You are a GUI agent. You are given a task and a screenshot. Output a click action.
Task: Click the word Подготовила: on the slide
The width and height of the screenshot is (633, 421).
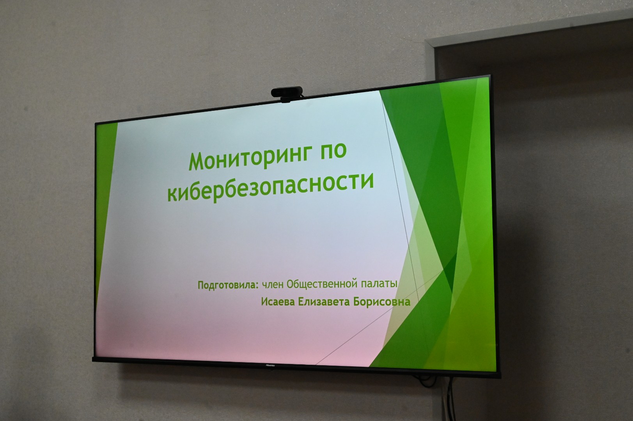[228, 285]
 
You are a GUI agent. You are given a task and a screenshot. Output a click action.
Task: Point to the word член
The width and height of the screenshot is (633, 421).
[272, 284]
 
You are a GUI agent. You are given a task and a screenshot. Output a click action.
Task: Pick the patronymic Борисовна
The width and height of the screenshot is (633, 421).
[382, 302]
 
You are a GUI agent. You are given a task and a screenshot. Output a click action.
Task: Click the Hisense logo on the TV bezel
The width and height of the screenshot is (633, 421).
[270, 365]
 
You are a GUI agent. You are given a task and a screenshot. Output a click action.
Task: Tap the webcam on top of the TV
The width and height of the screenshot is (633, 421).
[287, 94]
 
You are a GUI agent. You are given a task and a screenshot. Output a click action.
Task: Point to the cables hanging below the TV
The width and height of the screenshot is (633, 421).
[449, 399]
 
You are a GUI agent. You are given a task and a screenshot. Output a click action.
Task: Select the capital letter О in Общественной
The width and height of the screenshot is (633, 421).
[290, 284]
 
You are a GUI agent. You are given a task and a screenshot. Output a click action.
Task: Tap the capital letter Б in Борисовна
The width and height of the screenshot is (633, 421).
[356, 302]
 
